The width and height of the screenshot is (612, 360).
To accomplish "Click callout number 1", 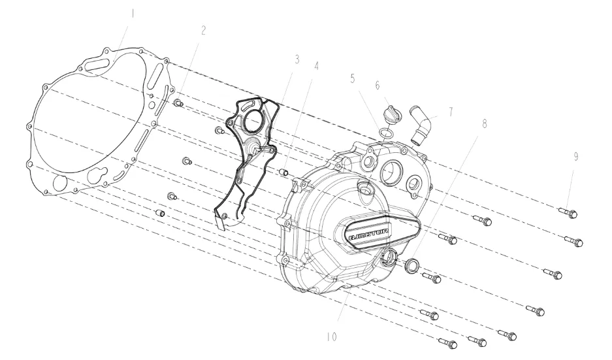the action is click(x=133, y=14).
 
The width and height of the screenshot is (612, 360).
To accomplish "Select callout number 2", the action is click(x=203, y=31).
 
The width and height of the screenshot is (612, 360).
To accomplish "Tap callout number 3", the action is click(x=297, y=59).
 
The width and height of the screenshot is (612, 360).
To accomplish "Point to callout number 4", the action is click(x=316, y=66).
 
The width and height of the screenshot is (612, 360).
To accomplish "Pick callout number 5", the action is click(x=353, y=78).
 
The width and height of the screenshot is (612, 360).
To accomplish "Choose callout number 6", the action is click(x=378, y=85).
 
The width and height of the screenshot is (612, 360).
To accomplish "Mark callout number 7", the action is click(x=451, y=112).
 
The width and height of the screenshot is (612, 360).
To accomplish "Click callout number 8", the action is click(x=485, y=123).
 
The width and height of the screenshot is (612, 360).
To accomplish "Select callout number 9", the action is click(x=575, y=157).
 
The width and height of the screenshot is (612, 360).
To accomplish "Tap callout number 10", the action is click(x=332, y=337).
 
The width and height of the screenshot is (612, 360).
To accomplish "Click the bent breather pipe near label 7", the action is click(x=420, y=125).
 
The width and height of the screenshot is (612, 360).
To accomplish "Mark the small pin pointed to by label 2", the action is click(x=178, y=103).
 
